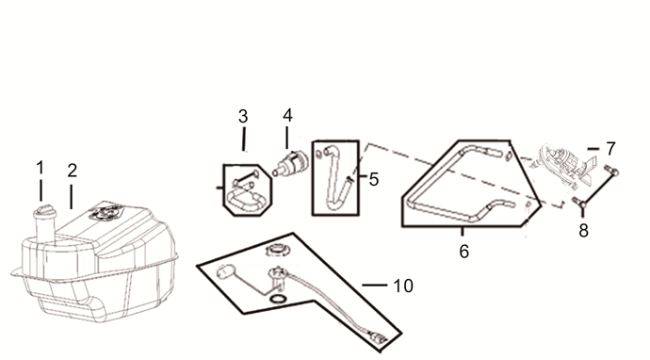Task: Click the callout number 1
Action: pos(41,168)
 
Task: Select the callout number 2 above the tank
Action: pos(72,171)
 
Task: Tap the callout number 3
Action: pos(243,117)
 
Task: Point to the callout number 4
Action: pos(287,116)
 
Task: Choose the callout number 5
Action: pos(374,178)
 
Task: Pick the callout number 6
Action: pos(463,252)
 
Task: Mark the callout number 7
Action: pos(610,148)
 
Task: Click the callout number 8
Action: pos(584,231)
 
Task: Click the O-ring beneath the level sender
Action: pos(277,300)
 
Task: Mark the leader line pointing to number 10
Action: pos(374,284)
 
